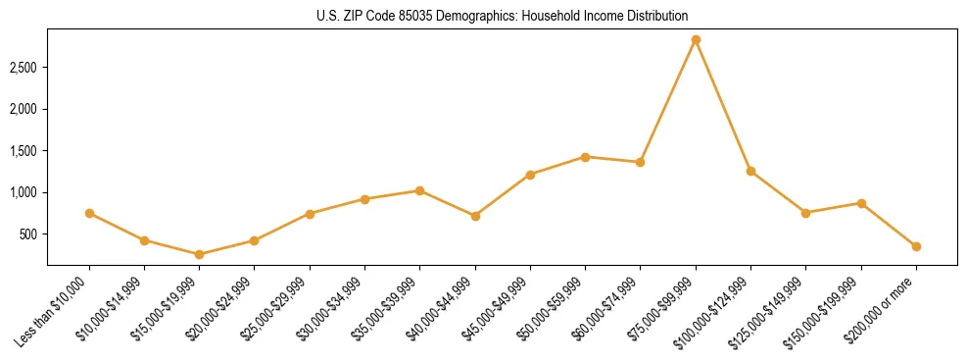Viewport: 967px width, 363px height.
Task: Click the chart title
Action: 502,16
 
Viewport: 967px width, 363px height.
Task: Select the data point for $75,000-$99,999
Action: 696,40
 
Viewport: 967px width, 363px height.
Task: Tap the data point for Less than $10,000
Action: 89,213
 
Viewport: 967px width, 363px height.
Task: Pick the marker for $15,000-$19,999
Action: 199,254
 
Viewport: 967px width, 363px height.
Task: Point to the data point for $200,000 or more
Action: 916,246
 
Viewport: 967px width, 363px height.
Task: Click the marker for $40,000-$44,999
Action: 475,216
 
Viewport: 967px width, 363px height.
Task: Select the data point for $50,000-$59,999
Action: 585,157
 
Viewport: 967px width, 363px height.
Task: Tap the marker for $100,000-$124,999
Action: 750,171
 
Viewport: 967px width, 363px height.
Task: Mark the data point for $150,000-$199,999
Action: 861,203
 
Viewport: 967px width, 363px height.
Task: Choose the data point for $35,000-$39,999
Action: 419,190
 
